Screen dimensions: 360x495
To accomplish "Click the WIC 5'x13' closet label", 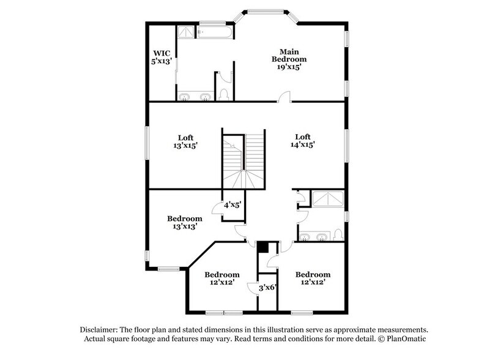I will (162, 57).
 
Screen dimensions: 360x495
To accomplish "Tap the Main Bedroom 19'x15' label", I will (289, 59).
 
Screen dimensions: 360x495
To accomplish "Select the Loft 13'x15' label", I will (184, 141).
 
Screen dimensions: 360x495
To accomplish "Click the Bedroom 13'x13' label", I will (184, 222).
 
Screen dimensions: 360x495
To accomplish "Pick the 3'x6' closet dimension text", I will (267, 287).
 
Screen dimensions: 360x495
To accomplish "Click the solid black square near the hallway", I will (262, 247).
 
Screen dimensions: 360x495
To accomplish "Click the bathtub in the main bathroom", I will (215, 32).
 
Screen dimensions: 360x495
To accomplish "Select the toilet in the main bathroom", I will (223, 94).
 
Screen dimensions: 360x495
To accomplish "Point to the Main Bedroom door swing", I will (285, 96).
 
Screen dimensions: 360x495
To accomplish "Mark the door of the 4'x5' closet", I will (218, 209).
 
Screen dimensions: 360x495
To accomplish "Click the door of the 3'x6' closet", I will (253, 288).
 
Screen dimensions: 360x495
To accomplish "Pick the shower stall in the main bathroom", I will (185, 32).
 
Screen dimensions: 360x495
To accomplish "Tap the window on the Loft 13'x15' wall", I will (146, 145).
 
